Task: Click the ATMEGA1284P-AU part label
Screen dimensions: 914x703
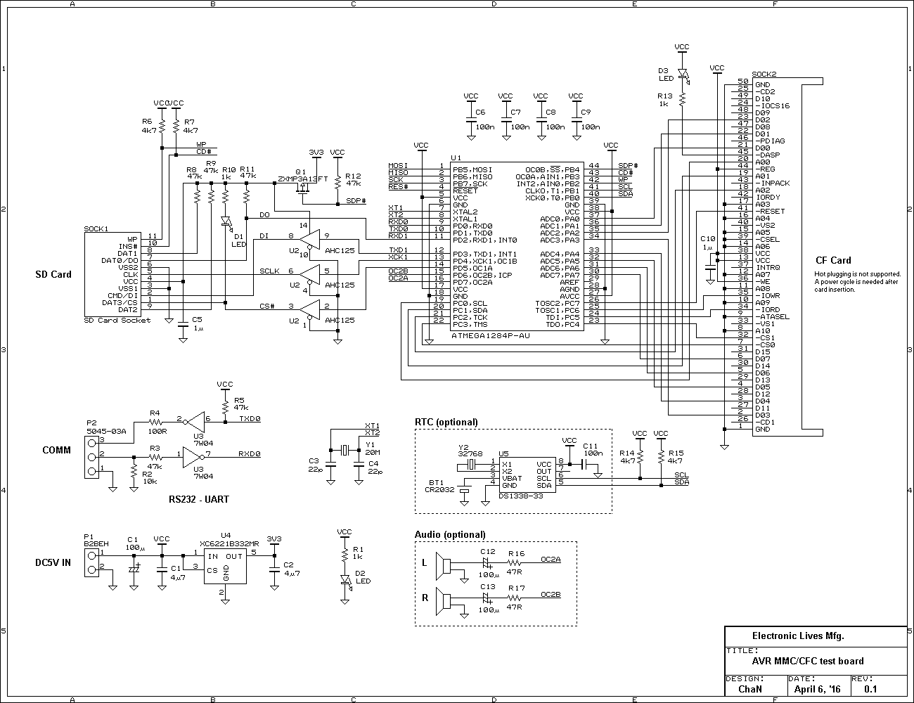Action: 490,336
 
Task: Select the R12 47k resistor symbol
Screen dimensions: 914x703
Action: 337,182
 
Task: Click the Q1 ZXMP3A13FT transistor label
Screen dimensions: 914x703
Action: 302,175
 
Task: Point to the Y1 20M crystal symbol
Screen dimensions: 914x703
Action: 345,451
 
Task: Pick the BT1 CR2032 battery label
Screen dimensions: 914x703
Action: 439,486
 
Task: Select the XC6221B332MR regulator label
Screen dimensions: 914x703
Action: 229,543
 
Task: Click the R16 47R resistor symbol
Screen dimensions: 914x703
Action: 514,562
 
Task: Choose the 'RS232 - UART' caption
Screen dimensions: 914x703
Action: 199,499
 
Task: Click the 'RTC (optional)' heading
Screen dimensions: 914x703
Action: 446,422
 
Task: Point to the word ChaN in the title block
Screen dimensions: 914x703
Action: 750,689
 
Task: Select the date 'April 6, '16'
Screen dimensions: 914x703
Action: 817,689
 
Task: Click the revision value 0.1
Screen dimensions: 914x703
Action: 870,689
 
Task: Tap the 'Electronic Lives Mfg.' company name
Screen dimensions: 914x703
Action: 798,636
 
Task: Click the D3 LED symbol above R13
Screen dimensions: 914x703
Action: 683,75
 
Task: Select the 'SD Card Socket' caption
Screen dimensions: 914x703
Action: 117,321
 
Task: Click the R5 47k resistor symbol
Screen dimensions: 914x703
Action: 225,407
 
